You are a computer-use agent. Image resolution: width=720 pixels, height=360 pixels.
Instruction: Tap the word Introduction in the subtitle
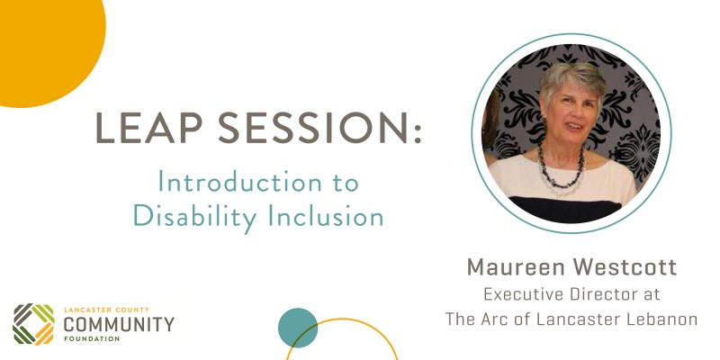coord(240,182)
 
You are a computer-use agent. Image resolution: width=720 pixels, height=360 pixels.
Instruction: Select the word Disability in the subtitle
coord(195,217)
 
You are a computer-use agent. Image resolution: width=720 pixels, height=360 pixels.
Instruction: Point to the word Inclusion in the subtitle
coord(326,216)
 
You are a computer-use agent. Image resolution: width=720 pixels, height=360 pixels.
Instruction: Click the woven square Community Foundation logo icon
coord(33,324)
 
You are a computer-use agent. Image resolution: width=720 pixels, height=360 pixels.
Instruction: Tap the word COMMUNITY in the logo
coord(119,325)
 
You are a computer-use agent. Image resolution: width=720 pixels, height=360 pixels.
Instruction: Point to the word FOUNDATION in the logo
coord(92,339)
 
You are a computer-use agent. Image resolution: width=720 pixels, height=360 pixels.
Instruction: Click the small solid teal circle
coord(298,328)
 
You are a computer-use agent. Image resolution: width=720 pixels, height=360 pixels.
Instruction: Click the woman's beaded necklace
coord(562,172)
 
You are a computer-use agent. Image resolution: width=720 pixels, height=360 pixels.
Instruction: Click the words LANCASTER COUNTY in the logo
coord(106,310)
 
